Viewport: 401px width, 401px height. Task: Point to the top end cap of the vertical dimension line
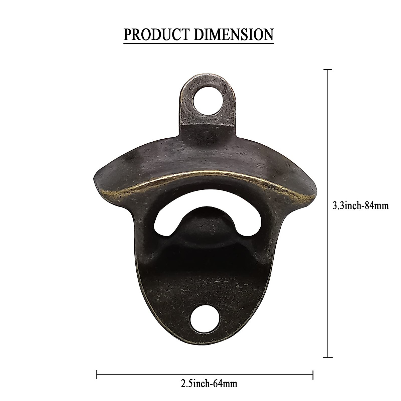(327, 70)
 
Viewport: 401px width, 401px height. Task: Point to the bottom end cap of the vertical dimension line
(327, 339)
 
